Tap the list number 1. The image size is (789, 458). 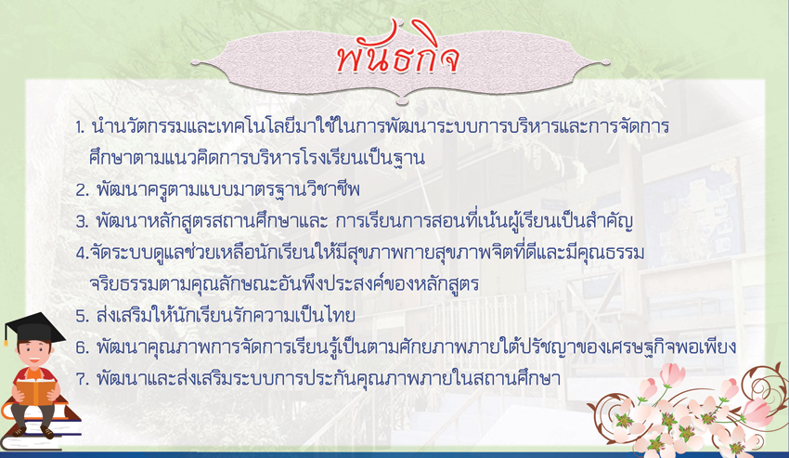80,127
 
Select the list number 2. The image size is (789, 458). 82,190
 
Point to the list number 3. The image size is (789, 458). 82,222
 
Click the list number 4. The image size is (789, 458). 83,253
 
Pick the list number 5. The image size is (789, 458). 82,316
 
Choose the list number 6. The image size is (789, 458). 82,347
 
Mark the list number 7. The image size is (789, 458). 82,379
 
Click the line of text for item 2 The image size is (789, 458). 228,190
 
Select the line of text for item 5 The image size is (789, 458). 226,316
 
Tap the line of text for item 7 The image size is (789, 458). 328,378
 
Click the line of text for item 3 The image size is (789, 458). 364,221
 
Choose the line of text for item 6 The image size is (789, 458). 416,347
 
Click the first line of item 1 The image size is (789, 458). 381,126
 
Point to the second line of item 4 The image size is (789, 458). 284,283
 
